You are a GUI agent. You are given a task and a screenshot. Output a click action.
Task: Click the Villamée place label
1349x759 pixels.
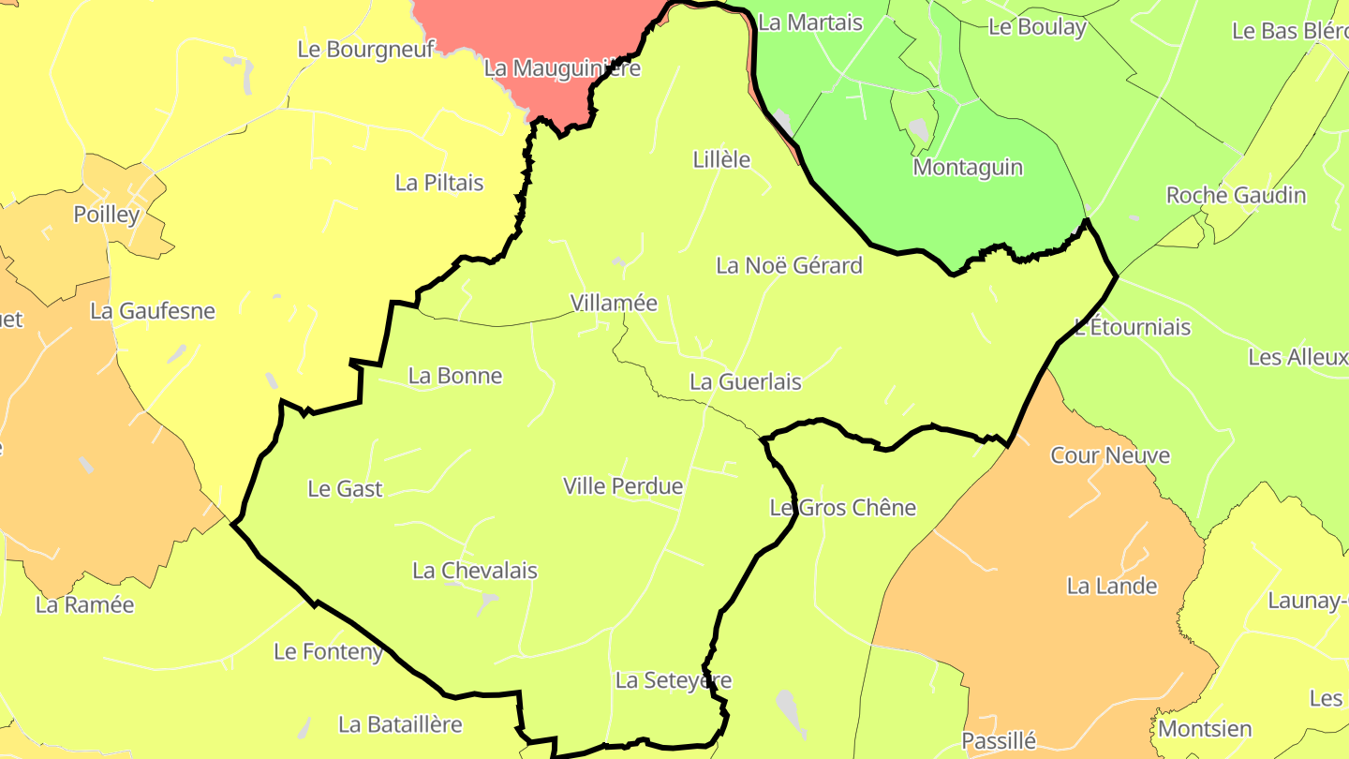(x=614, y=304)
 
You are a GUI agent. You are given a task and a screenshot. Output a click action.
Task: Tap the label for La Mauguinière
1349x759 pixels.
(x=562, y=68)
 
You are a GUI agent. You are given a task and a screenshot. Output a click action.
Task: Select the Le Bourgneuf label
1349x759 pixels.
(x=365, y=50)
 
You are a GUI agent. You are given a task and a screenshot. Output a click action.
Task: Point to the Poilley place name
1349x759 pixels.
(x=107, y=215)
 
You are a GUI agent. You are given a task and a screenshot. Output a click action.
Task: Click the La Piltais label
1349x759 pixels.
(x=439, y=183)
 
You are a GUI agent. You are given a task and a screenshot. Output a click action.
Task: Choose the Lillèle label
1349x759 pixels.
(x=721, y=160)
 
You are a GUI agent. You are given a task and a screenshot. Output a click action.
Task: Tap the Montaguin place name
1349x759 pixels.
(x=968, y=168)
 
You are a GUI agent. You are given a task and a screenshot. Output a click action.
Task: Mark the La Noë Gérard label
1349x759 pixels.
(x=789, y=266)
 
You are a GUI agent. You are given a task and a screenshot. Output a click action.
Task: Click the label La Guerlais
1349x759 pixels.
(x=746, y=382)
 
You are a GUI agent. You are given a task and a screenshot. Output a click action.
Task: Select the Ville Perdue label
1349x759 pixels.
(x=623, y=486)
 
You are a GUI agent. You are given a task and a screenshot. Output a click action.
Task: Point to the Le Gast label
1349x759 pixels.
(x=345, y=489)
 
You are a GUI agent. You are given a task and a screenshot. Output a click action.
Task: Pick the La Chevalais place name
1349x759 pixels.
(x=475, y=571)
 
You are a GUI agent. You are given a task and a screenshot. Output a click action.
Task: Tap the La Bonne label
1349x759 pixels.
(x=455, y=376)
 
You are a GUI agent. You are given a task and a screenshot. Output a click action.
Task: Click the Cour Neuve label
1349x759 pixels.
(x=1110, y=455)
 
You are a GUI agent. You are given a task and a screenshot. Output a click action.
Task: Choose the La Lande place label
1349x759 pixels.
(x=1112, y=587)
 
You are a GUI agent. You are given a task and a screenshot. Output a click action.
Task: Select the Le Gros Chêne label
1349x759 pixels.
(x=842, y=508)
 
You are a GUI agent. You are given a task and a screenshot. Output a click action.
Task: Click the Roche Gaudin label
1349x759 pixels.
(x=1236, y=196)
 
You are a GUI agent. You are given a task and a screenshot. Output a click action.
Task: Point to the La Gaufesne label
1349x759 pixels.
(x=153, y=311)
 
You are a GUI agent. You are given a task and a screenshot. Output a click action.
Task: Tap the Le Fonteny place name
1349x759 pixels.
(x=329, y=651)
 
